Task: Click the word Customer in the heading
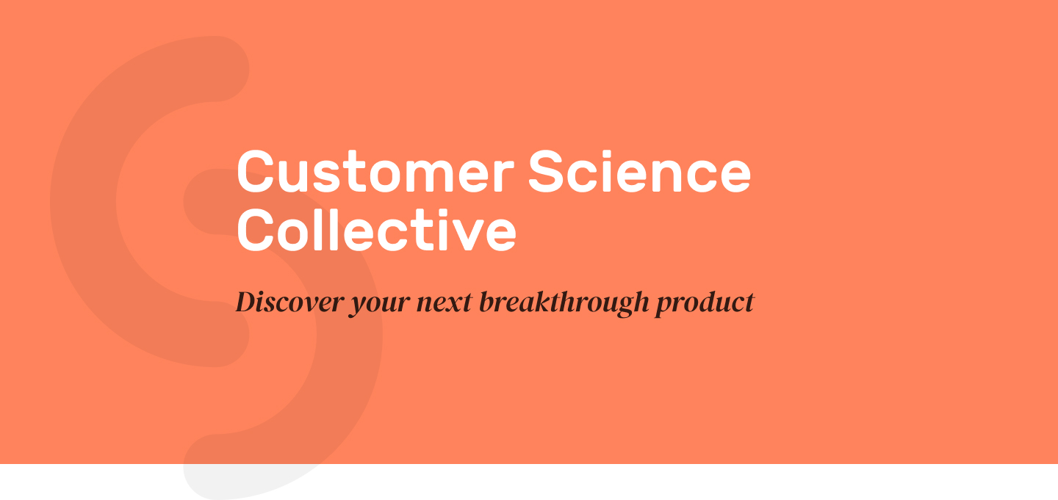tap(375, 171)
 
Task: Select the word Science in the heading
tap(639, 171)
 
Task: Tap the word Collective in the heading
tap(376, 230)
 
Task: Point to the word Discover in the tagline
tap(289, 302)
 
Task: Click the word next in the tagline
tap(444, 303)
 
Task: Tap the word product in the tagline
tap(704, 303)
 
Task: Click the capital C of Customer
tap(256, 171)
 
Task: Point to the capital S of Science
tap(545, 171)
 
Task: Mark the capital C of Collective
tap(256, 230)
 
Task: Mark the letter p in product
tap(666, 307)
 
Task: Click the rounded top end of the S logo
tap(222, 69)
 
